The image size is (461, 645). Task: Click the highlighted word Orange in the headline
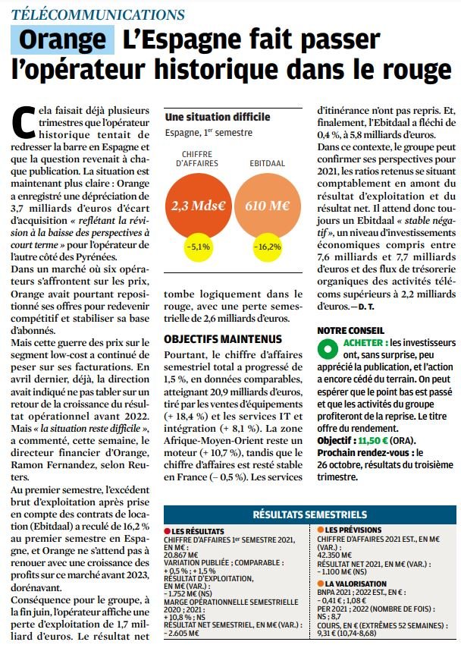pos(63,39)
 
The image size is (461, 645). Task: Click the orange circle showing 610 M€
pos(265,205)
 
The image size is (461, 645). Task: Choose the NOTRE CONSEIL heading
pos(351,330)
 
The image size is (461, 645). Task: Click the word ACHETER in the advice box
pos(362,342)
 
